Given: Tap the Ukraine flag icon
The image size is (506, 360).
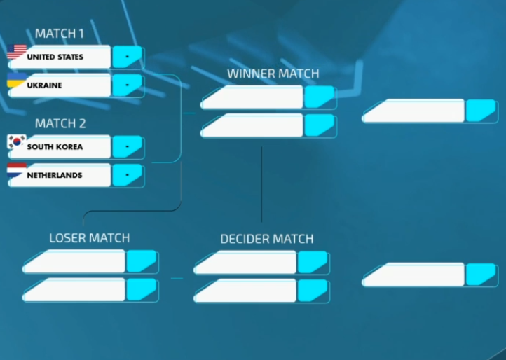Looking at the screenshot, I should [x=16, y=81].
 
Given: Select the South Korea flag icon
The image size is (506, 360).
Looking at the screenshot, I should [x=16, y=144].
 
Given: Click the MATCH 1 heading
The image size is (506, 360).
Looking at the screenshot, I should [x=60, y=34].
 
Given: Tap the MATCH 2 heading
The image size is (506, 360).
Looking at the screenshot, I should [x=60, y=123].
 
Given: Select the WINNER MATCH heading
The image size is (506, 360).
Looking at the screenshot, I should [x=273, y=74].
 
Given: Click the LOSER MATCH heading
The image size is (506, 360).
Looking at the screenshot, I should [x=89, y=238].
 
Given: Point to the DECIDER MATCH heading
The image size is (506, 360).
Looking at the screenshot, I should [x=266, y=239].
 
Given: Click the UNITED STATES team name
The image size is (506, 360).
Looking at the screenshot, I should [x=55, y=57].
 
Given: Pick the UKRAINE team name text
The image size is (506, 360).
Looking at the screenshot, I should [x=44, y=85].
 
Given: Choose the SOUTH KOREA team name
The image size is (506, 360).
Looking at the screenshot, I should [x=55, y=147].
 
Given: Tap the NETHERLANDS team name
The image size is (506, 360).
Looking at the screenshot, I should [x=54, y=175].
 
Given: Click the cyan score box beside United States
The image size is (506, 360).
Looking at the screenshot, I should [x=128, y=57].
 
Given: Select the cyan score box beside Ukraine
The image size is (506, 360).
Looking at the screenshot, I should [x=128, y=85].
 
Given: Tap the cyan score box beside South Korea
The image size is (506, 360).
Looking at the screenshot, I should [x=128, y=147].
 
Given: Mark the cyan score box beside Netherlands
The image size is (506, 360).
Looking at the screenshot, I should [x=128, y=175].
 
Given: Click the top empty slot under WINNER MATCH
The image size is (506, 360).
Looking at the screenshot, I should [x=253, y=97].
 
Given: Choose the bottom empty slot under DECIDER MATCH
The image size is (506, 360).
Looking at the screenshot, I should [x=246, y=291].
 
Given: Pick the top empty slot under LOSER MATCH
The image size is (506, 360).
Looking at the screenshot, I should [x=75, y=262].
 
